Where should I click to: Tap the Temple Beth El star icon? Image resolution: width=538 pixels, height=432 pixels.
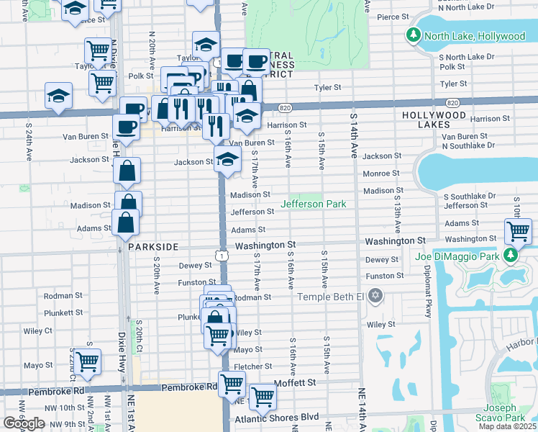pyautogui.click(x=375, y=296)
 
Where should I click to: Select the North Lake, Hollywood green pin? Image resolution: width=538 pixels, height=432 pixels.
pyautogui.click(x=414, y=35)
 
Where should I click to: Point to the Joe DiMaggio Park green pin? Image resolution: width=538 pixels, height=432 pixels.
pyautogui.click(x=510, y=255)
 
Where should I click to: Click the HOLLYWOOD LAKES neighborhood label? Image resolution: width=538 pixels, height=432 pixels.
pyautogui.click(x=434, y=120)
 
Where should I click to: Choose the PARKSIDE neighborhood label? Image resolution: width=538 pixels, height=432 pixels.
pyautogui.click(x=153, y=246)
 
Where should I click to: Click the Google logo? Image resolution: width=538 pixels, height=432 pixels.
pyautogui.click(x=24, y=423)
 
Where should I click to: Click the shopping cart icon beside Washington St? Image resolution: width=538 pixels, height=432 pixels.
pyautogui.click(x=517, y=232)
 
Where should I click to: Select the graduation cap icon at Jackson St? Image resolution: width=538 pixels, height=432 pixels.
pyautogui.click(x=227, y=160)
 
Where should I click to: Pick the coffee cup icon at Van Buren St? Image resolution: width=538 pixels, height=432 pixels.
pyautogui.click(x=126, y=127)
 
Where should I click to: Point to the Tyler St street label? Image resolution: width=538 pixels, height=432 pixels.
pyautogui.click(x=327, y=88)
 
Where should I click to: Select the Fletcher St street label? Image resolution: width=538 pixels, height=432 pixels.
pyautogui.click(x=253, y=366)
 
